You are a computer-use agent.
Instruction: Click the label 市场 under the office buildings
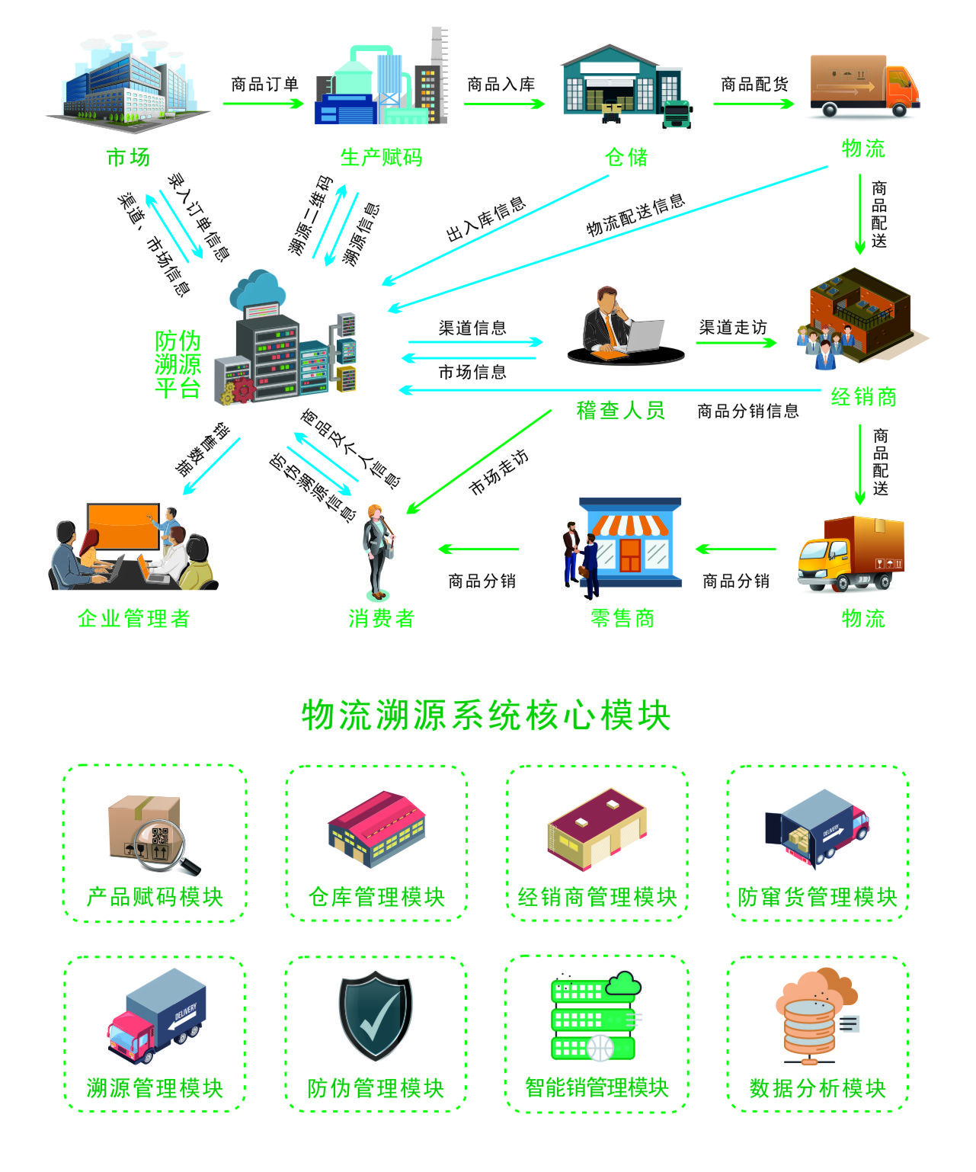pyautogui.click(x=128, y=158)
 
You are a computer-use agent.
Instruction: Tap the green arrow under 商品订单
pyautogui.click(x=264, y=104)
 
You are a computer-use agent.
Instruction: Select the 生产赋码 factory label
pyautogui.click(x=381, y=158)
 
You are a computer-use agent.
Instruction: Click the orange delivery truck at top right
pyautogui.click(x=864, y=85)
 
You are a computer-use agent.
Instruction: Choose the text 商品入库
pyautogui.click(x=501, y=84)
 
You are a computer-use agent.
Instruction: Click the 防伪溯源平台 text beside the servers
pyautogui.click(x=178, y=364)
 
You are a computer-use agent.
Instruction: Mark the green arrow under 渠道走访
pyautogui.click(x=735, y=343)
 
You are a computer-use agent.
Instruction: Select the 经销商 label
pyautogui.click(x=864, y=397)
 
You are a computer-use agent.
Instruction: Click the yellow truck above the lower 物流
pyautogui.click(x=850, y=554)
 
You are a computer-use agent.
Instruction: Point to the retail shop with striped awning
pyautogui.click(x=629, y=543)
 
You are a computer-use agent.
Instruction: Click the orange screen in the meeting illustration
pyautogui.click(x=123, y=526)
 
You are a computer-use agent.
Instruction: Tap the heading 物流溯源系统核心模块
pyautogui.click(x=486, y=716)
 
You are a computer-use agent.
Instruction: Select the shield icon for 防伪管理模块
pyautogui.click(x=375, y=1015)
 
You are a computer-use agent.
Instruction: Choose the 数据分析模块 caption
pyautogui.click(x=818, y=1088)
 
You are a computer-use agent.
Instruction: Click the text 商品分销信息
pyautogui.click(x=748, y=411)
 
